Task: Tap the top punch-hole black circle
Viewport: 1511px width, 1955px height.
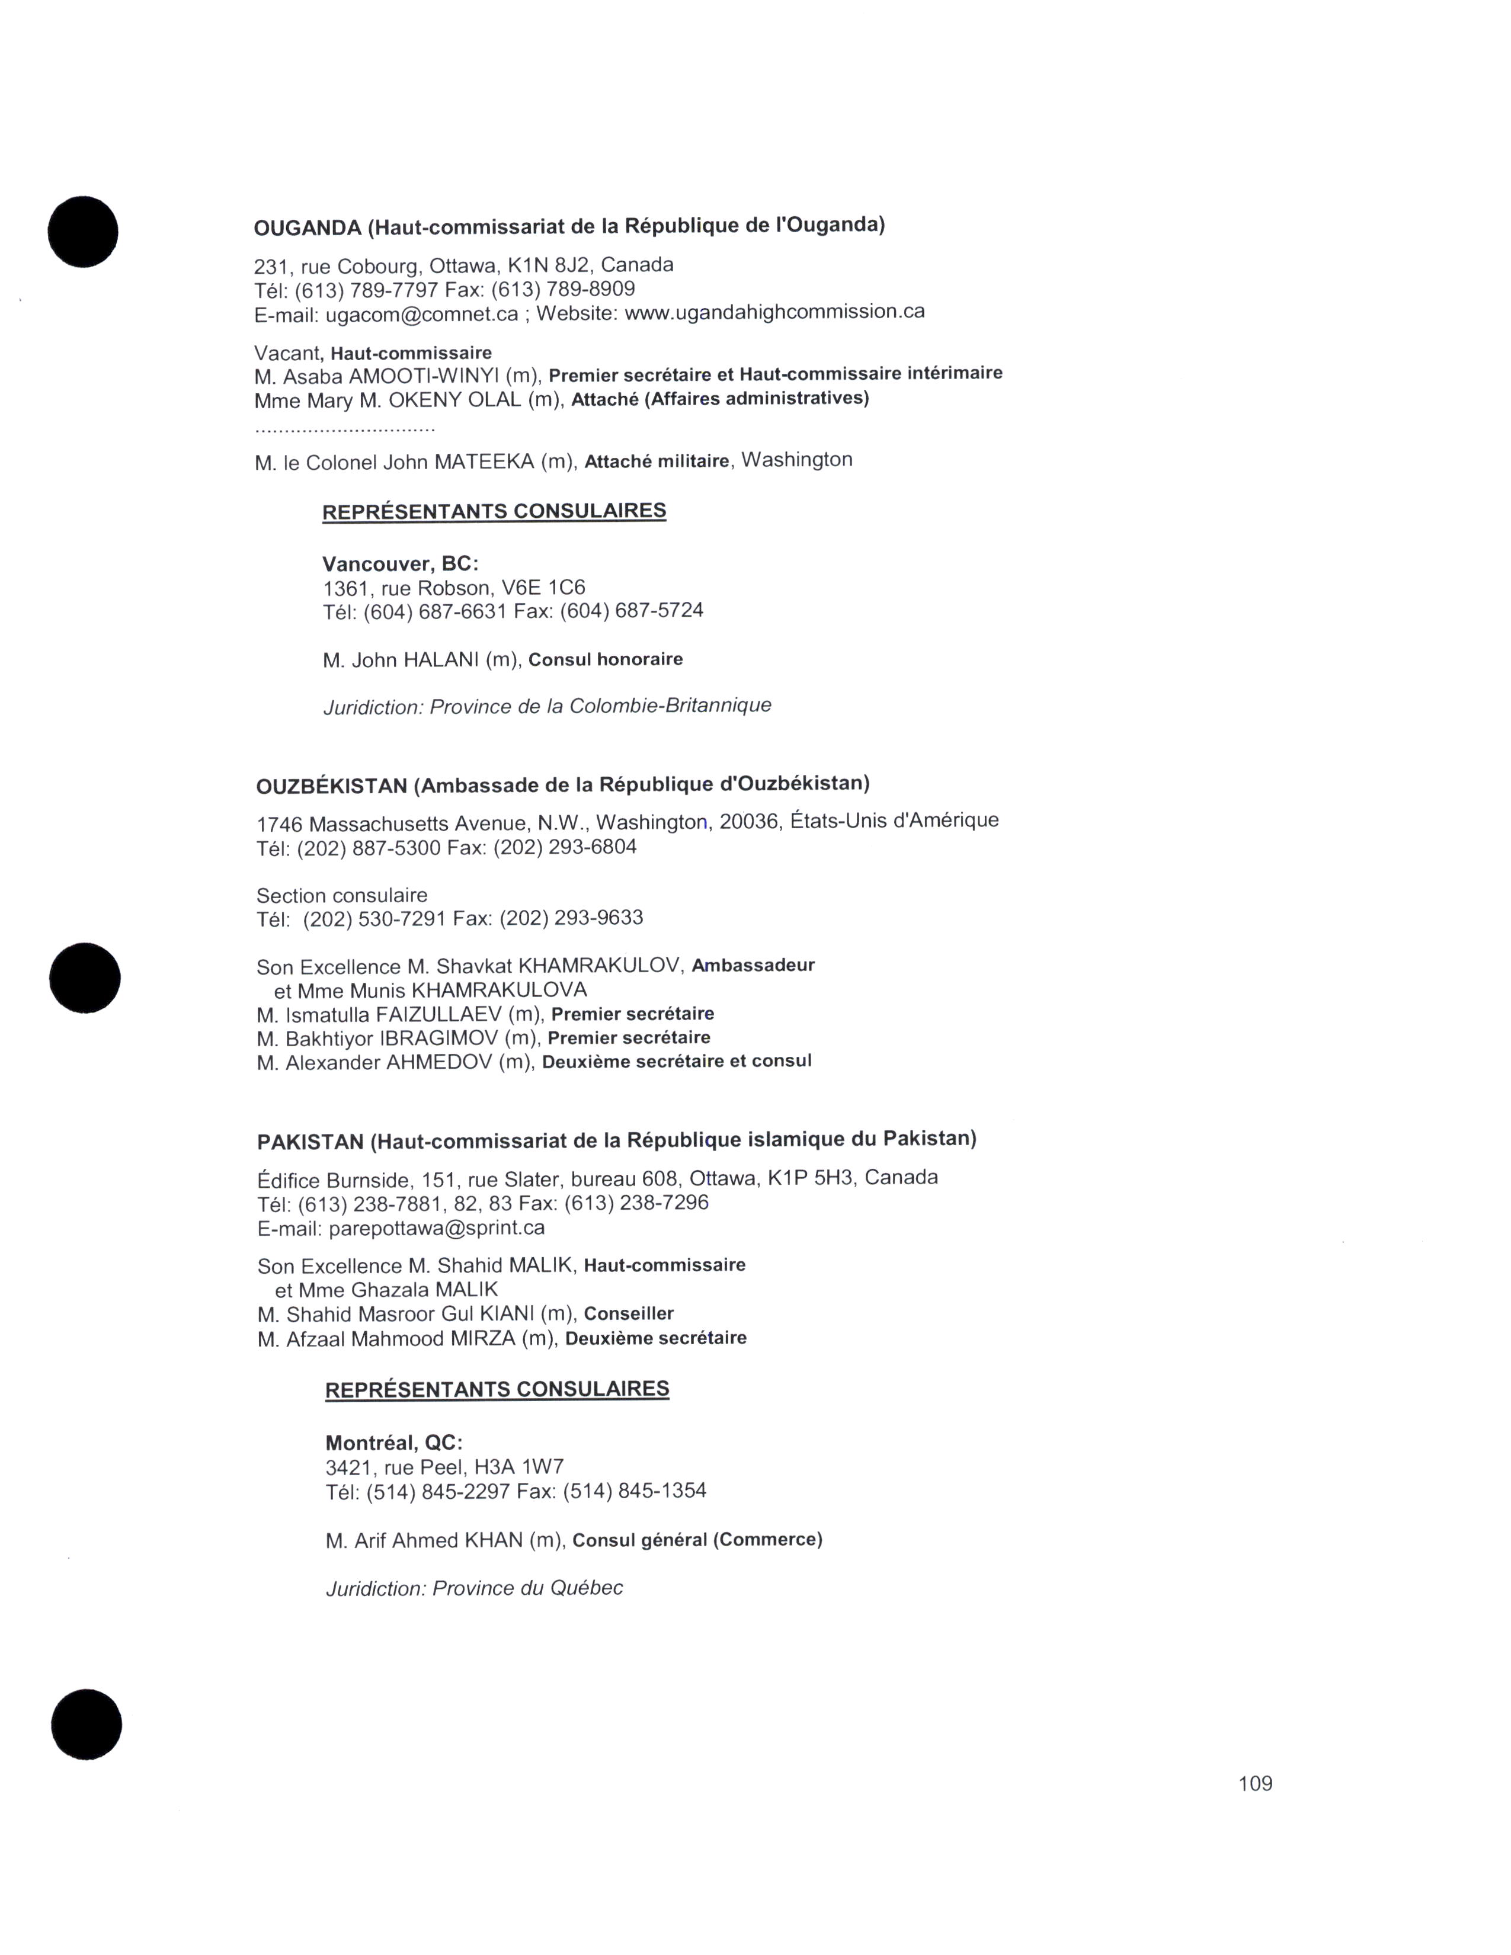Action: pyautogui.click(x=83, y=232)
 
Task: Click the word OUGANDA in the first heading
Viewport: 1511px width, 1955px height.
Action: pyautogui.click(x=307, y=228)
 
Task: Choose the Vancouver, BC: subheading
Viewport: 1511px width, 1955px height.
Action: pyautogui.click(x=400, y=564)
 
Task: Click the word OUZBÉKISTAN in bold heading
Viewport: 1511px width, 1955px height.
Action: pyautogui.click(x=331, y=787)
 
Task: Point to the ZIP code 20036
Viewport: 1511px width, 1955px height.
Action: pyautogui.click(x=748, y=821)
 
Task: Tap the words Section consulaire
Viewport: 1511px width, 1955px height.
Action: pyautogui.click(x=342, y=895)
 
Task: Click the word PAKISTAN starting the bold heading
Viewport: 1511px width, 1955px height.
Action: pyautogui.click(x=310, y=1142)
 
